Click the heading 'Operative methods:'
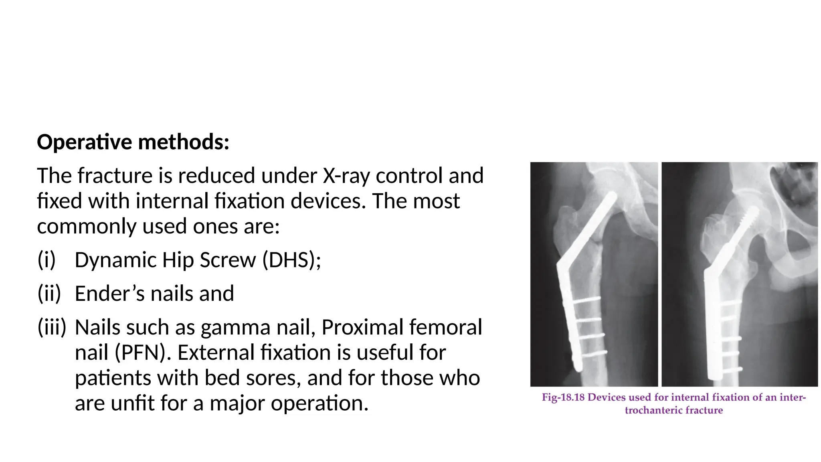point(133,142)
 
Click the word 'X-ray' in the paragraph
point(346,176)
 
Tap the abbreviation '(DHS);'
point(291,260)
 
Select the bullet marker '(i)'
point(46,260)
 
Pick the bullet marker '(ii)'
point(49,294)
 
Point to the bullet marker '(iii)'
point(52,327)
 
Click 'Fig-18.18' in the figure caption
point(563,397)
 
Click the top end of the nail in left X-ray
point(612,196)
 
